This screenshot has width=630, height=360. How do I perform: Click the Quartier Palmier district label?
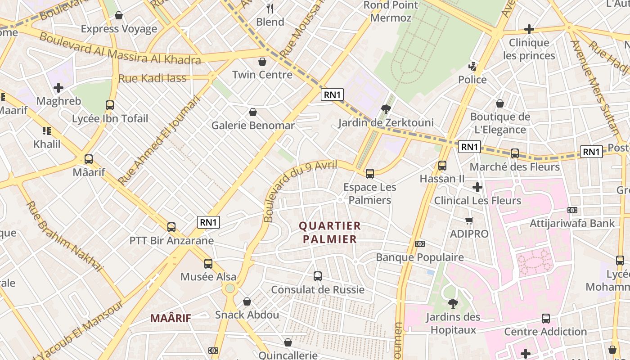(330, 232)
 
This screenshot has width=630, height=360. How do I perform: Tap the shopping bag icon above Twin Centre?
(262, 61)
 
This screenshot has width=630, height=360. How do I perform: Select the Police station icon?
(472, 67)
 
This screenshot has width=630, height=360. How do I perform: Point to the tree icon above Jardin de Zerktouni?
(386, 108)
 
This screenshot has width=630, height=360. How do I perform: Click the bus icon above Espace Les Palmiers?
(370, 173)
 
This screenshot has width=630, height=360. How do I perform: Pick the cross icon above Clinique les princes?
(529, 30)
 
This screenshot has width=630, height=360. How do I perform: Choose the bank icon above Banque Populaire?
(420, 244)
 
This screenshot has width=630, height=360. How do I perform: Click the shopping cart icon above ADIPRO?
(469, 220)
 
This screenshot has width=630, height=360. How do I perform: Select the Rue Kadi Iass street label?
(152, 78)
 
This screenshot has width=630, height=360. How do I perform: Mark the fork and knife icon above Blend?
(270, 8)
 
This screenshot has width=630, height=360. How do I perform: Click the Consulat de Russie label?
(318, 289)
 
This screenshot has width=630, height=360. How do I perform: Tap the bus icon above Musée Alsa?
(208, 264)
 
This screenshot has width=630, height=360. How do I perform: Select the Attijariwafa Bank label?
(572, 223)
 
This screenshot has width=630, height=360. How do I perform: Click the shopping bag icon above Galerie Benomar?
(253, 112)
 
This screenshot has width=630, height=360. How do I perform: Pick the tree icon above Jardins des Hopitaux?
(453, 304)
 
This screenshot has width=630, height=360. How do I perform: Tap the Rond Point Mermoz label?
(387, 11)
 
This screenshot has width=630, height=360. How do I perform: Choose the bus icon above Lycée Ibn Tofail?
(110, 105)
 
